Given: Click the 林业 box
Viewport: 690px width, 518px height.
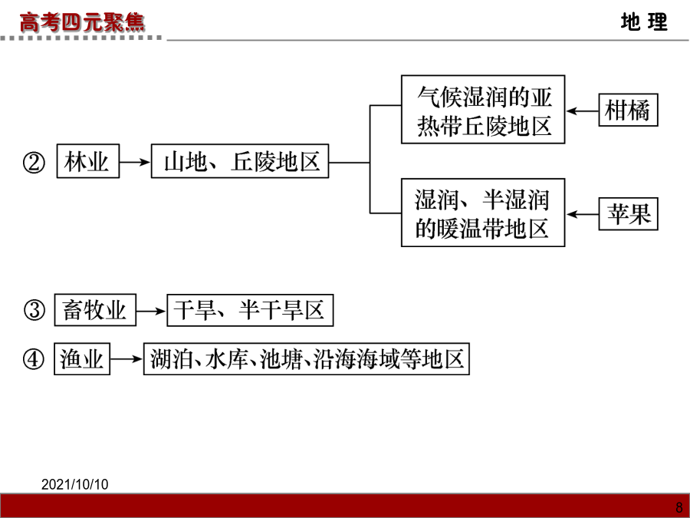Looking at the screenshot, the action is pos(88,161).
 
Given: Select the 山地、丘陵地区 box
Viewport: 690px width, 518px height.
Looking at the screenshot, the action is pos(240,161).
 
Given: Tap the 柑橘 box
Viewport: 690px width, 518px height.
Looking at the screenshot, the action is pos(629,110).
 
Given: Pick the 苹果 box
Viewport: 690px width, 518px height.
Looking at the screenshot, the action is pos(629,214).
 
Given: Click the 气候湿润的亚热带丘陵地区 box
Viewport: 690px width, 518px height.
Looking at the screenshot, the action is pos(483,109).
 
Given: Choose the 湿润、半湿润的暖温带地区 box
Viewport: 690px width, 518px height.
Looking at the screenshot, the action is pos(483,213).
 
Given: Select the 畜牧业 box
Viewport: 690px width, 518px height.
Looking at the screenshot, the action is pos(95,310).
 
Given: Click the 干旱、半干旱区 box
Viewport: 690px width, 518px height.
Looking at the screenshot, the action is pos(250,310).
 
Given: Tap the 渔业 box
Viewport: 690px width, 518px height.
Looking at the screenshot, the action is pos(82,359).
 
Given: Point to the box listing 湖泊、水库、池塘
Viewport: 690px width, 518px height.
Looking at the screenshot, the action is pos(307,359).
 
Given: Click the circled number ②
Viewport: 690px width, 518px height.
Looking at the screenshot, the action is pos(34,163).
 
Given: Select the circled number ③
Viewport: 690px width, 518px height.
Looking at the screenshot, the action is pos(34,310).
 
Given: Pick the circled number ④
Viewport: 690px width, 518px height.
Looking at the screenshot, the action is pos(34,359).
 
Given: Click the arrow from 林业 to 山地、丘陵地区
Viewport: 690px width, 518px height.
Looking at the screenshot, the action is pos(135,162).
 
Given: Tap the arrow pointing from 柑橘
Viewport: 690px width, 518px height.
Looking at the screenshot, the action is pos(582,111).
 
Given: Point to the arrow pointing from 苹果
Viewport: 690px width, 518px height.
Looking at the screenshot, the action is pos(582,215).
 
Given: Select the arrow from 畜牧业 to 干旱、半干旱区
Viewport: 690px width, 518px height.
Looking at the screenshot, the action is pos(151,311).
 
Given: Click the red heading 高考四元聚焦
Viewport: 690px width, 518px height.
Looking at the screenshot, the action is pos(82,22).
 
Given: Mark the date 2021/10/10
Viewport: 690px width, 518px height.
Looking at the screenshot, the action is pos(75,484).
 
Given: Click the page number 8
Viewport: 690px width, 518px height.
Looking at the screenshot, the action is pos(679,507).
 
